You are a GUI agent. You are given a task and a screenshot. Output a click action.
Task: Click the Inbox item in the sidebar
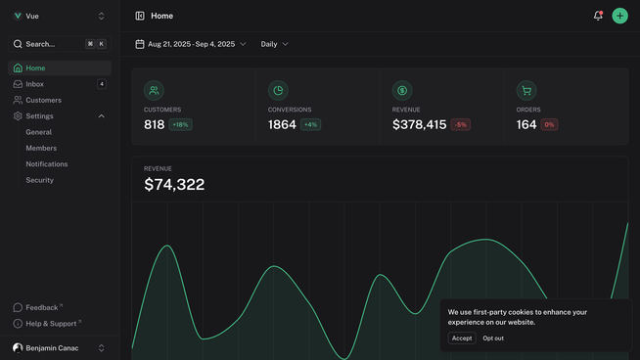(x=35, y=84)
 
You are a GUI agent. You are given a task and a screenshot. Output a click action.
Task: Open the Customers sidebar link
(x=43, y=100)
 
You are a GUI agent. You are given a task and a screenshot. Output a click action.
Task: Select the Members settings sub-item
(x=41, y=148)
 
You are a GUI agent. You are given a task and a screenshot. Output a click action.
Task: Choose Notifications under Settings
(x=47, y=164)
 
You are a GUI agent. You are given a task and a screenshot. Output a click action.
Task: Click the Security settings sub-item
(x=40, y=180)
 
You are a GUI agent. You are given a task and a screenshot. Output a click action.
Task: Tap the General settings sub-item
(x=39, y=132)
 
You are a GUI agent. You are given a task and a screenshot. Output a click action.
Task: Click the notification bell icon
(x=598, y=16)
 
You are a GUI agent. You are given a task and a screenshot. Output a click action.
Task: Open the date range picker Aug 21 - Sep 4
(x=191, y=44)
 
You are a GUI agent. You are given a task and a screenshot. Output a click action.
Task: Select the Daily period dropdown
(x=274, y=44)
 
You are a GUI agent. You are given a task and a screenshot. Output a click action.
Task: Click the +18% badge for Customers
(x=181, y=125)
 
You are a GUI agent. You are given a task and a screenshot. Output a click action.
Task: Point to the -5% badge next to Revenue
(x=461, y=125)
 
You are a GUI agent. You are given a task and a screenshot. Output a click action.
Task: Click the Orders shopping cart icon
(x=526, y=90)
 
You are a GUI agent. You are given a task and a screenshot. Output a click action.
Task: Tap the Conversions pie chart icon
(x=278, y=90)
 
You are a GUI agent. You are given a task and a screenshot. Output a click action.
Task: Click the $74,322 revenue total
(x=174, y=185)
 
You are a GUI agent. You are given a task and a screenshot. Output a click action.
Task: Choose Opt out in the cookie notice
(x=493, y=338)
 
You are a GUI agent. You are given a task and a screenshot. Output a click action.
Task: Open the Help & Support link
(x=51, y=324)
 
